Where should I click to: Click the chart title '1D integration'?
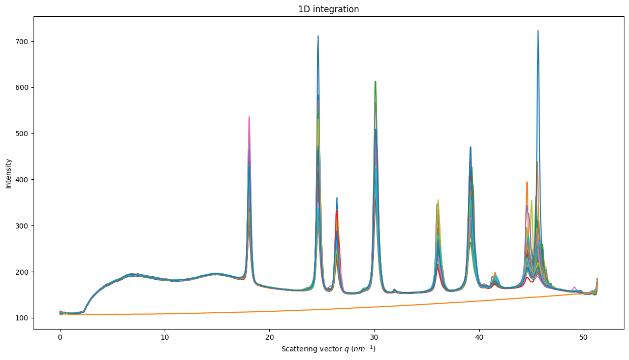click(328, 9)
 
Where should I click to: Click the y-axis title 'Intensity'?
click(8, 173)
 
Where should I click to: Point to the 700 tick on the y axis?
click(22, 41)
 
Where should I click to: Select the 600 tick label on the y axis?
click(22, 87)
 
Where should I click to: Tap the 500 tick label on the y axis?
click(22, 134)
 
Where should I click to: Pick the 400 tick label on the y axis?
click(22, 180)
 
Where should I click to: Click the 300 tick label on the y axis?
click(22, 225)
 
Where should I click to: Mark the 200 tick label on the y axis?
click(22, 272)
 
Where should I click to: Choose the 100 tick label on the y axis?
click(22, 318)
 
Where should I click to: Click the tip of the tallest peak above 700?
click(538, 31)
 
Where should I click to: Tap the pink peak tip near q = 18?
click(249, 117)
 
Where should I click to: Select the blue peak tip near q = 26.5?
click(337, 198)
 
